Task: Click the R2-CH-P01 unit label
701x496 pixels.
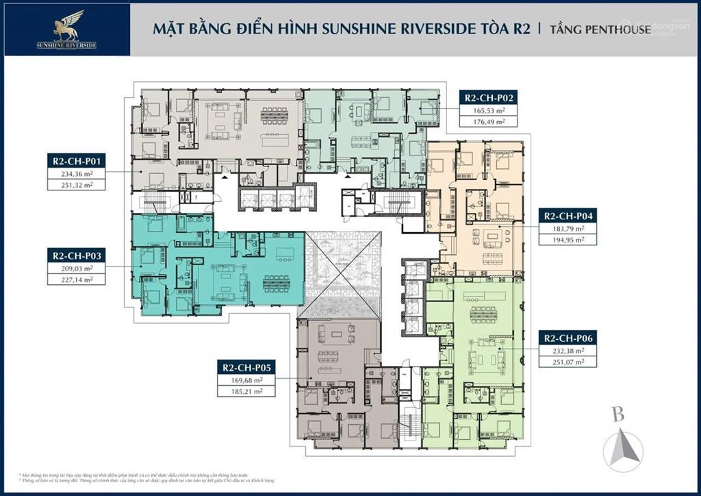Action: (77, 162)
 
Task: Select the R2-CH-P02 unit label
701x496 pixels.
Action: (488, 98)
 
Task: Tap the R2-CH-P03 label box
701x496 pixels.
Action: (77, 255)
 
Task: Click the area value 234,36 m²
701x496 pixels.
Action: (77, 174)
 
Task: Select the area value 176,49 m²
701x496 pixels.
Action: (488, 121)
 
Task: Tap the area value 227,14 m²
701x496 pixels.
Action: (77, 279)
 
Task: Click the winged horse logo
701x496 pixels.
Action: (67, 25)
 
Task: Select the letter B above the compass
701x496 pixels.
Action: (619, 414)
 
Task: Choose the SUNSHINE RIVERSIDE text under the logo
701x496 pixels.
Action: (66, 45)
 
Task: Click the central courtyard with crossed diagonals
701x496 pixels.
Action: (342, 275)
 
